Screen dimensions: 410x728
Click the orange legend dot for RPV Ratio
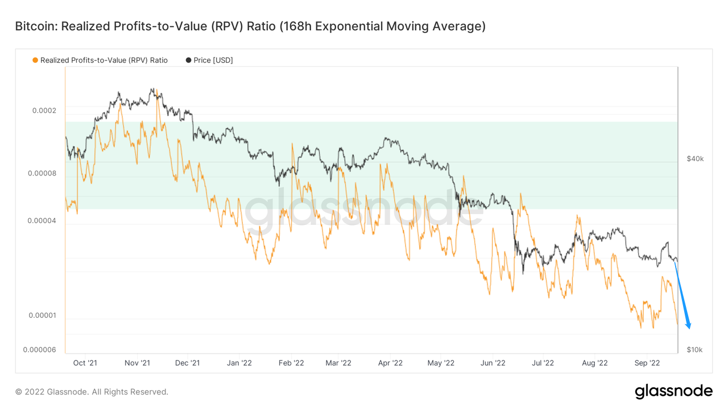tap(35, 60)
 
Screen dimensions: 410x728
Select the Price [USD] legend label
tap(213, 60)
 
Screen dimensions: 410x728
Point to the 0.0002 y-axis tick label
tap(44, 110)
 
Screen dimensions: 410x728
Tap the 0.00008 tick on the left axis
tap(42, 173)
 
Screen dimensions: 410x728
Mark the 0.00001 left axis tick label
tap(42, 315)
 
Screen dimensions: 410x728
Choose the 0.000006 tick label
tap(40, 350)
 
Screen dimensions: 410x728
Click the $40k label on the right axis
tap(695, 158)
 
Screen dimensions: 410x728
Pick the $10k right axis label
tap(694, 350)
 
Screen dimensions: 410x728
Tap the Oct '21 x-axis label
tap(85, 363)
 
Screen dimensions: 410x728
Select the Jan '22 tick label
tap(239, 363)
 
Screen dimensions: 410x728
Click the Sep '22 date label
tap(647, 363)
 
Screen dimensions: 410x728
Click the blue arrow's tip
tap(689, 328)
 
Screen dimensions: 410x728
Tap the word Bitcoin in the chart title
tap(35, 26)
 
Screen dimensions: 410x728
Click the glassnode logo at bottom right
tap(673, 391)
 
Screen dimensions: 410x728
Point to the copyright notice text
tap(92, 392)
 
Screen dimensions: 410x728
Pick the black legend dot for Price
tap(188, 60)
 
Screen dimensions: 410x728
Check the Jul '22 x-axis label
tap(543, 363)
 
